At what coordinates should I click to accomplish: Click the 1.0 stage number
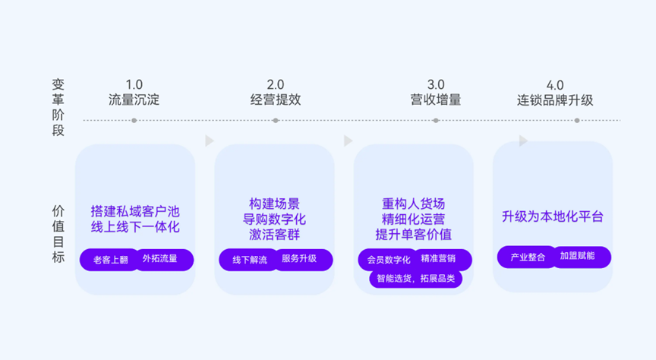134,84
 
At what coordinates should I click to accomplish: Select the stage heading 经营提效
276,99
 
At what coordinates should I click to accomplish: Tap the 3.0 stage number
436,84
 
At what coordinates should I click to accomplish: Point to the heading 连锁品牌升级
555,100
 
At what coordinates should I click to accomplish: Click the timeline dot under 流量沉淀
134,121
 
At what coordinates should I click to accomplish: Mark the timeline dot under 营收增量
436,121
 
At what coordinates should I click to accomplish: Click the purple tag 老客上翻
109,260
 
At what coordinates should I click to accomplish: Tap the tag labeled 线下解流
249,260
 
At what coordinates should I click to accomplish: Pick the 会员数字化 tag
388,260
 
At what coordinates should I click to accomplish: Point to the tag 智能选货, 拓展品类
416,279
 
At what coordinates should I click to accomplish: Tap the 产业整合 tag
527,257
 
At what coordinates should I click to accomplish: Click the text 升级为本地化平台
553,216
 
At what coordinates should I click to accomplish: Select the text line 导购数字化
274,219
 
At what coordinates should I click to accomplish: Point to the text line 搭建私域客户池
135,211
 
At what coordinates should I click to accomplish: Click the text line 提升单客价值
413,235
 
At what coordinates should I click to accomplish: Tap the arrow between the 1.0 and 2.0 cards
210,141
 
